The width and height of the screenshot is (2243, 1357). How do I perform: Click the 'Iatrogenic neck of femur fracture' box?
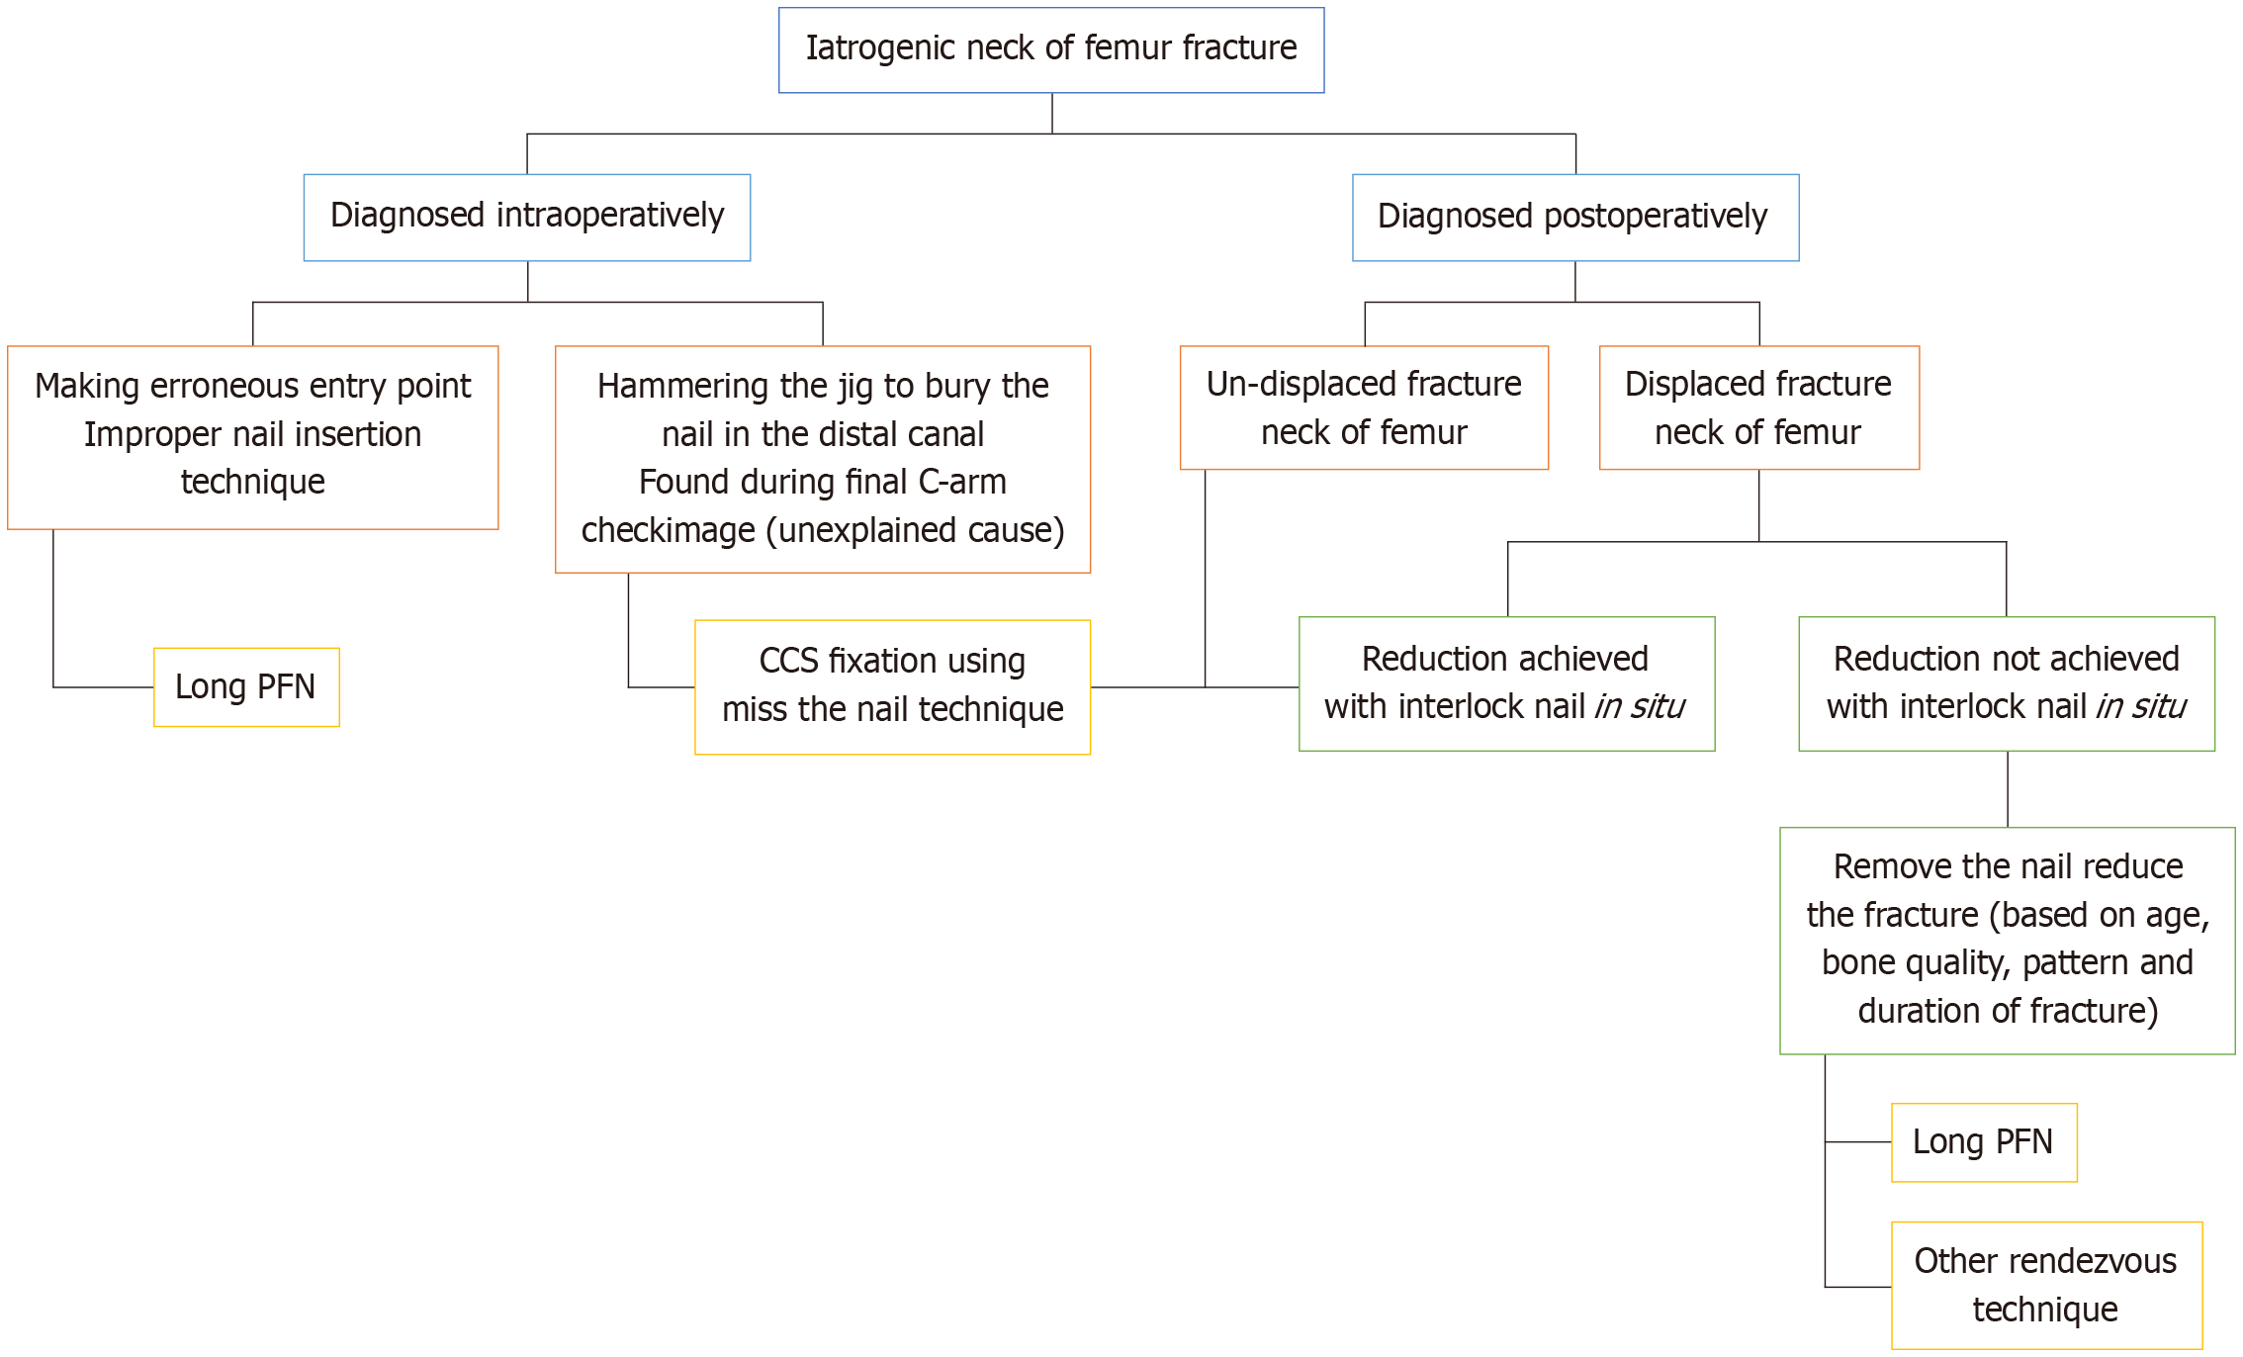tap(1050, 50)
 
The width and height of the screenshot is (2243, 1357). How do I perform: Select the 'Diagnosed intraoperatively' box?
tap(526, 218)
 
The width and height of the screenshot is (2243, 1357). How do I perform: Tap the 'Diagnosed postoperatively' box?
tap(1574, 218)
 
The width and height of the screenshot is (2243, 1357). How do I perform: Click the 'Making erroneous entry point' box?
tap(252, 437)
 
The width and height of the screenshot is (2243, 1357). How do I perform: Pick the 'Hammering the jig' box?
tap(822, 459)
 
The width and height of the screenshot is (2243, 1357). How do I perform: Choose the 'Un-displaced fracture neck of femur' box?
tap(1363, 407)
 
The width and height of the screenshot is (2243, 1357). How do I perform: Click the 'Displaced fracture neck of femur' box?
tap(1758, 407)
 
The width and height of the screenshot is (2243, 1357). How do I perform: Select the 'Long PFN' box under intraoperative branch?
tap(246, 687)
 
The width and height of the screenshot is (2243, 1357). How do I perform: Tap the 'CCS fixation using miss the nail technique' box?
tap(892, 686)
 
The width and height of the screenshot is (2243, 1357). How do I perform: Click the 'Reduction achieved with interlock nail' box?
tap(1505, 683)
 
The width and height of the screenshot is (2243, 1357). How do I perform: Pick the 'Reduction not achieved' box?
tap(2006, 683)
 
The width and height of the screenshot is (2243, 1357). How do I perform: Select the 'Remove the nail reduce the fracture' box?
tap(2007, 940)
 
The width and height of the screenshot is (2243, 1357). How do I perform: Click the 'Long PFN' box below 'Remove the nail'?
tap(1983, 1142)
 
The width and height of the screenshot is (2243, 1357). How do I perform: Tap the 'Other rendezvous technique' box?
tap(2045, 1285)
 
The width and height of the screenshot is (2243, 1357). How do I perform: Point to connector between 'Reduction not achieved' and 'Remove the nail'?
tap(2007, 789)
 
